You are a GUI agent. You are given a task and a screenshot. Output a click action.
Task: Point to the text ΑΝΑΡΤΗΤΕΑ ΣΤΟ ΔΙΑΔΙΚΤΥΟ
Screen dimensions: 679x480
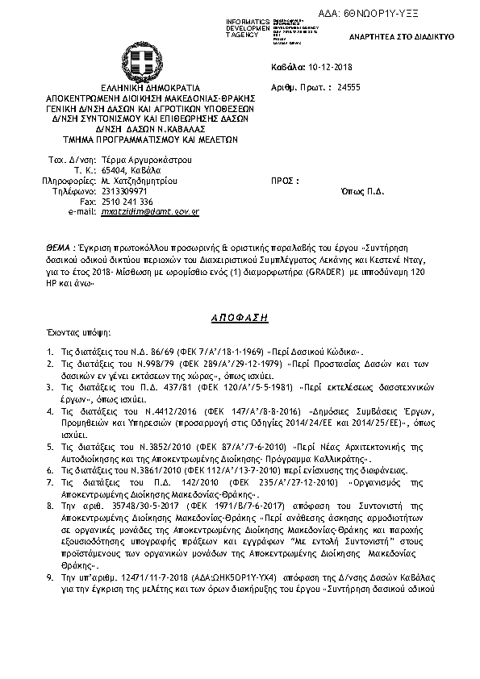412,37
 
